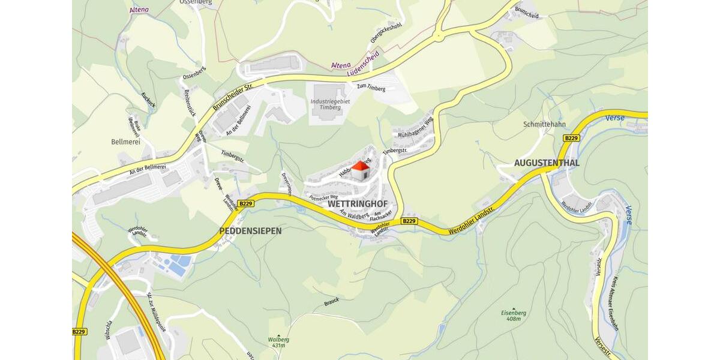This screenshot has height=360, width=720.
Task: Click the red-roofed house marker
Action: (x=360, y=170)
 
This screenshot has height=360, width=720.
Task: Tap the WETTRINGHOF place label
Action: (x=358, y=204)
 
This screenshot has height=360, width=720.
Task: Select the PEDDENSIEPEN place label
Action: (x=250, y=230)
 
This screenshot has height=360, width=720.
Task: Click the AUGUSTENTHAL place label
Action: (x=547, y=163)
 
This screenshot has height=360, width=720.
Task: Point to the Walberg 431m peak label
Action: (x=278, y=342)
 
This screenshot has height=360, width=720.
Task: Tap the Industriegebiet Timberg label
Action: (x=330, y=104)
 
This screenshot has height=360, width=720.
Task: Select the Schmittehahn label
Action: (x=544, y=124)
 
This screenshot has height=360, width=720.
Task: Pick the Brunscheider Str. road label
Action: (x=233, y=97)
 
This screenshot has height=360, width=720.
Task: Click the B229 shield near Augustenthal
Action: (x=571, y=138)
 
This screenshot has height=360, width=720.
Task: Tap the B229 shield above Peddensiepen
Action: (x=246, y=203)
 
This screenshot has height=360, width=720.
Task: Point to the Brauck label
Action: (x=331, y=301)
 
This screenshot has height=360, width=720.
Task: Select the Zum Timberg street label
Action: (x=371, y=88)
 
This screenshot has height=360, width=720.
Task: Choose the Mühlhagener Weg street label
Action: (x=416, y=127)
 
